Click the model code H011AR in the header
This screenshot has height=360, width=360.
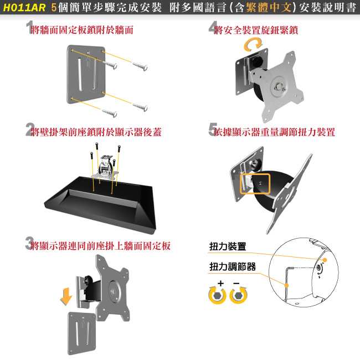24,8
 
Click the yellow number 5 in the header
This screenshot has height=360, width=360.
53,8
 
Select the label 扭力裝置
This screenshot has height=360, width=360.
228,246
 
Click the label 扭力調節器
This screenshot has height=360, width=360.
233,267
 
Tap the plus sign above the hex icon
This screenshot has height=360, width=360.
220,284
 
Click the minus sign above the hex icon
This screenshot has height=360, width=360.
236,284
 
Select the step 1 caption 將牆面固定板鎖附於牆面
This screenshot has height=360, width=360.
83,30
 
